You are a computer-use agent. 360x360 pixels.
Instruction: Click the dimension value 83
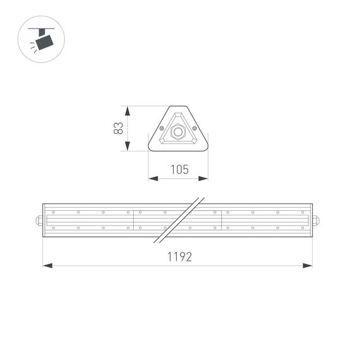click(x=118, y=128)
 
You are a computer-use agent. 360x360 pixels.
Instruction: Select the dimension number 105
click(x=179, y=169)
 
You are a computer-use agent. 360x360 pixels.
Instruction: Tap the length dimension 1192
click(x=179, y=256)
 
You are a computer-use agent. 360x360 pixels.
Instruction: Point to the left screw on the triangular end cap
click(x=162, y=129)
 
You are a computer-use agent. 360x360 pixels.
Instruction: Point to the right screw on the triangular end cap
click(x=195, y=129)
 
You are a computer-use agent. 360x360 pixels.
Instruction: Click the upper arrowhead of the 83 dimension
click(x=128, y=111)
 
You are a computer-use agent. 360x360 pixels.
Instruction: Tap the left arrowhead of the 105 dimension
click(x=152, y=179)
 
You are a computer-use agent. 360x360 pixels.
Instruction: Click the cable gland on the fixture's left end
click(x=40, y=220)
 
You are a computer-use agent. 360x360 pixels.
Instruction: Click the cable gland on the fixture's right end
click(x=316, y=220)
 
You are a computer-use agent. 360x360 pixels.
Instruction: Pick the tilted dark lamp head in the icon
click(x=44, y=42)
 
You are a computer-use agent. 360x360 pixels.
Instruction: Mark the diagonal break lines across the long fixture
click(x=179, y=219)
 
